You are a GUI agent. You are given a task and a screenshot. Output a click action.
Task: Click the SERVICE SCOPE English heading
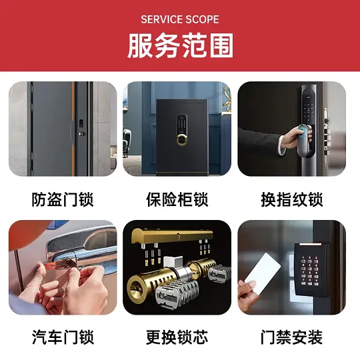click(x=180, y=19)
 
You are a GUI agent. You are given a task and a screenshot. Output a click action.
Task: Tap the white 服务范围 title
click(x=181, y=45)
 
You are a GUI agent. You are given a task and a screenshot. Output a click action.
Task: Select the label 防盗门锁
click(x=63, y=199)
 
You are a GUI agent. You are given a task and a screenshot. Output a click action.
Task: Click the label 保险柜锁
click(x=177, y=199)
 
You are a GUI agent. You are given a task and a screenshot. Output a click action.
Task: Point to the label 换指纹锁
click(x=292, y=199)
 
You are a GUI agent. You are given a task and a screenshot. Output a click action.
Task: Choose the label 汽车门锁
click(x=63, y=337)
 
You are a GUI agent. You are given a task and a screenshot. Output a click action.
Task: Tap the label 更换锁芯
click(x=177, y=337)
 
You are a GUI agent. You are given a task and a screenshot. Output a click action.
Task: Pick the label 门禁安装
click(x=292, y=337)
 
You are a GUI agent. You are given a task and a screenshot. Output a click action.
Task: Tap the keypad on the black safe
click(x=182, y=125)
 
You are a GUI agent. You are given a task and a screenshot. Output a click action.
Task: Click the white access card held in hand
click(x=263, y=274)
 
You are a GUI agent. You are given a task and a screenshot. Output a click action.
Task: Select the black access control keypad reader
click(x=311, y=269)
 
